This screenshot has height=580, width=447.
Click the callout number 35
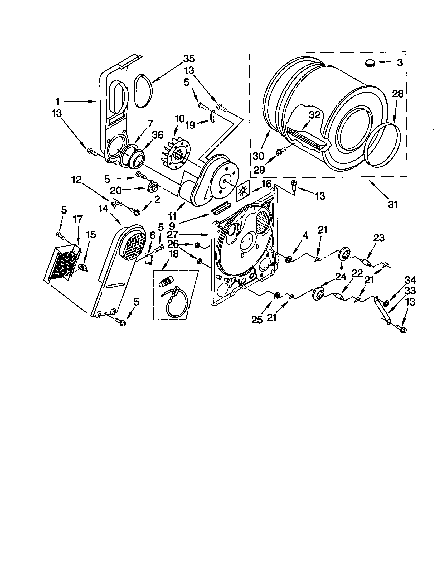pyautogui.click(x=189, y=59)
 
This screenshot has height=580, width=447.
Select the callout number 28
pyautogui.click(x=397, y=94)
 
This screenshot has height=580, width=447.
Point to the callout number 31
pyautogui.click(x=392, y=205)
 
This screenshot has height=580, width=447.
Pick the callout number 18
pyautogui.click(x=173, y=254)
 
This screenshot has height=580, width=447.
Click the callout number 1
pyautogui.click(x=57, y=101)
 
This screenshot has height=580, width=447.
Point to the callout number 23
pyautogui.click(x=379, y=238)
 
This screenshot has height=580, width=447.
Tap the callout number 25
pyautogui.click(x=257, y=320)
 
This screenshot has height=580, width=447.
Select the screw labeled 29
pyautogui.click(x=281, y=151)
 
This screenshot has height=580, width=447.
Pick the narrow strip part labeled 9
pyautogui.click(x=221, y=207)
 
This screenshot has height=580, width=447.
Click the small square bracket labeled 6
pyautogui.click(x=149, y=259)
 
